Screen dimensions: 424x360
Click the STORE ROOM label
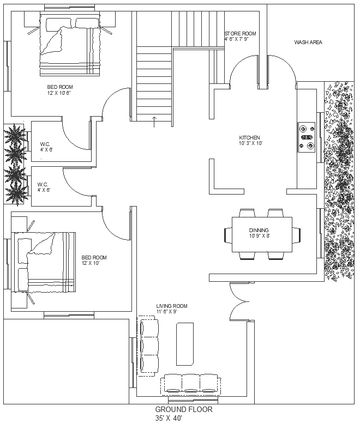pos(240,34)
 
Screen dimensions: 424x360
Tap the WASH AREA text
pos(308,42)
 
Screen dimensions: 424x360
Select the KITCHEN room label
pos(250,137)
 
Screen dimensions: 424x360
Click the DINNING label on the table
pos(259,230)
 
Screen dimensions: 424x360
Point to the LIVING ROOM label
pos(172,306)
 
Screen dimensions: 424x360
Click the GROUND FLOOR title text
pos(184,409)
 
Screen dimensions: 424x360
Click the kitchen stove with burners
pos(306,136)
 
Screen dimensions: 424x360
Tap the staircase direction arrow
pos(154,121)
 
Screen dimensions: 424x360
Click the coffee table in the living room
pos(184,344)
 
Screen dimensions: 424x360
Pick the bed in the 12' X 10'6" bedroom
pos(70,47)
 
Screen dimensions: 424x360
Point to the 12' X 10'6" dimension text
pos(60,93)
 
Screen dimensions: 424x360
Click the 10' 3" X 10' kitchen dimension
pos(251,143)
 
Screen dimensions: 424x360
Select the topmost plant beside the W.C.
pos(15,135)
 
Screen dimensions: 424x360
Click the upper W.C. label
pos(46,144)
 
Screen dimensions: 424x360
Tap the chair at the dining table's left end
pos(227,234)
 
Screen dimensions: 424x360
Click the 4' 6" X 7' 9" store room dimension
pos(240,39)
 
